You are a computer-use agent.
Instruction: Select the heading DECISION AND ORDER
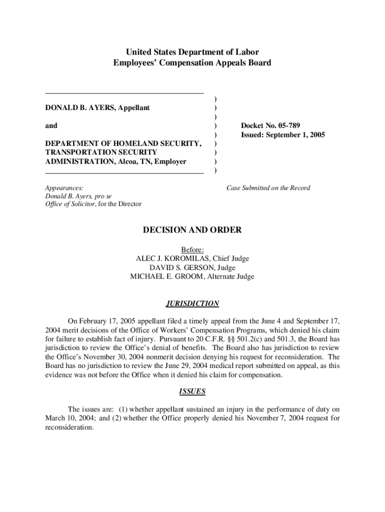point(192,230)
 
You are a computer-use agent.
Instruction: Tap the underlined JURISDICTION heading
point(192,303)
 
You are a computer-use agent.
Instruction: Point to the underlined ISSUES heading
point(192,391)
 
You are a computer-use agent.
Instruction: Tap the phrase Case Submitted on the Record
point(268,188)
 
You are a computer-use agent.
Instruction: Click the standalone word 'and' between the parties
point(51,125)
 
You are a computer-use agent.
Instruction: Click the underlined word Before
point(191,249)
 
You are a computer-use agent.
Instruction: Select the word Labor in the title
point(247,52)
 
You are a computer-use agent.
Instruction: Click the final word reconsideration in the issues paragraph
point(68,428)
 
